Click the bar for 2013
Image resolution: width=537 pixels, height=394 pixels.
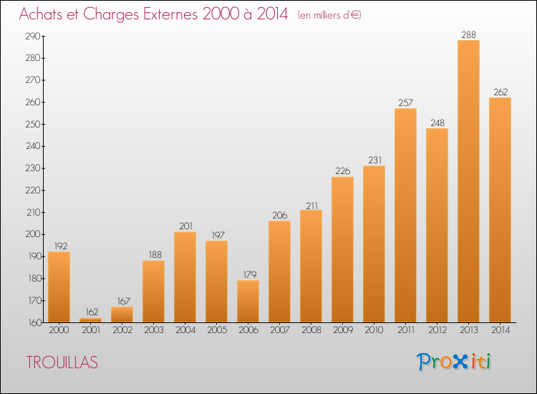[468, 181]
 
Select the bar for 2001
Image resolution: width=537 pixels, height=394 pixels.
[90, 320]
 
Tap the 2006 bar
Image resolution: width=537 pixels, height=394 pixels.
[248, 302]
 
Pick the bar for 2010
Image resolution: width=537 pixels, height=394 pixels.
[374, 244]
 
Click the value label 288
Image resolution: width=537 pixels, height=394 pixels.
[468, 34]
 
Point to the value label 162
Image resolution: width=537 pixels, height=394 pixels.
[92, 312]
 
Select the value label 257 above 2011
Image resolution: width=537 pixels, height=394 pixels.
[405, 102]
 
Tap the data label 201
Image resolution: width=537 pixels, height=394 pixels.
[185, 226]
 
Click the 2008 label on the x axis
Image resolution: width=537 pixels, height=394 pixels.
[311, 330]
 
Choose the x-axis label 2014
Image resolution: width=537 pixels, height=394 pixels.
[500, 330]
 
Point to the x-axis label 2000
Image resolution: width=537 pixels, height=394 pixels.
[59, 330]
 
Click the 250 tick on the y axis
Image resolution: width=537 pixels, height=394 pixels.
[33, 125]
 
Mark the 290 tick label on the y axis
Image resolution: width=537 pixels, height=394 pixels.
[33, 36]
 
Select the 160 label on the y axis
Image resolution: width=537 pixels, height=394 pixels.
[34, 322]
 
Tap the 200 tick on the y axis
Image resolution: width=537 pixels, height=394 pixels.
[33, 234]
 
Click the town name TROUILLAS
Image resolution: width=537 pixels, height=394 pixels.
[62, 362]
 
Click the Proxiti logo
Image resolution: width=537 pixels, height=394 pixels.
[454, 362]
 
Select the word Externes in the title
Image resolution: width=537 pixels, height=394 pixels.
[170, 14]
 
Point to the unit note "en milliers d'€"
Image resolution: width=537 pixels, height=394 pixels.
[329, 15]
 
